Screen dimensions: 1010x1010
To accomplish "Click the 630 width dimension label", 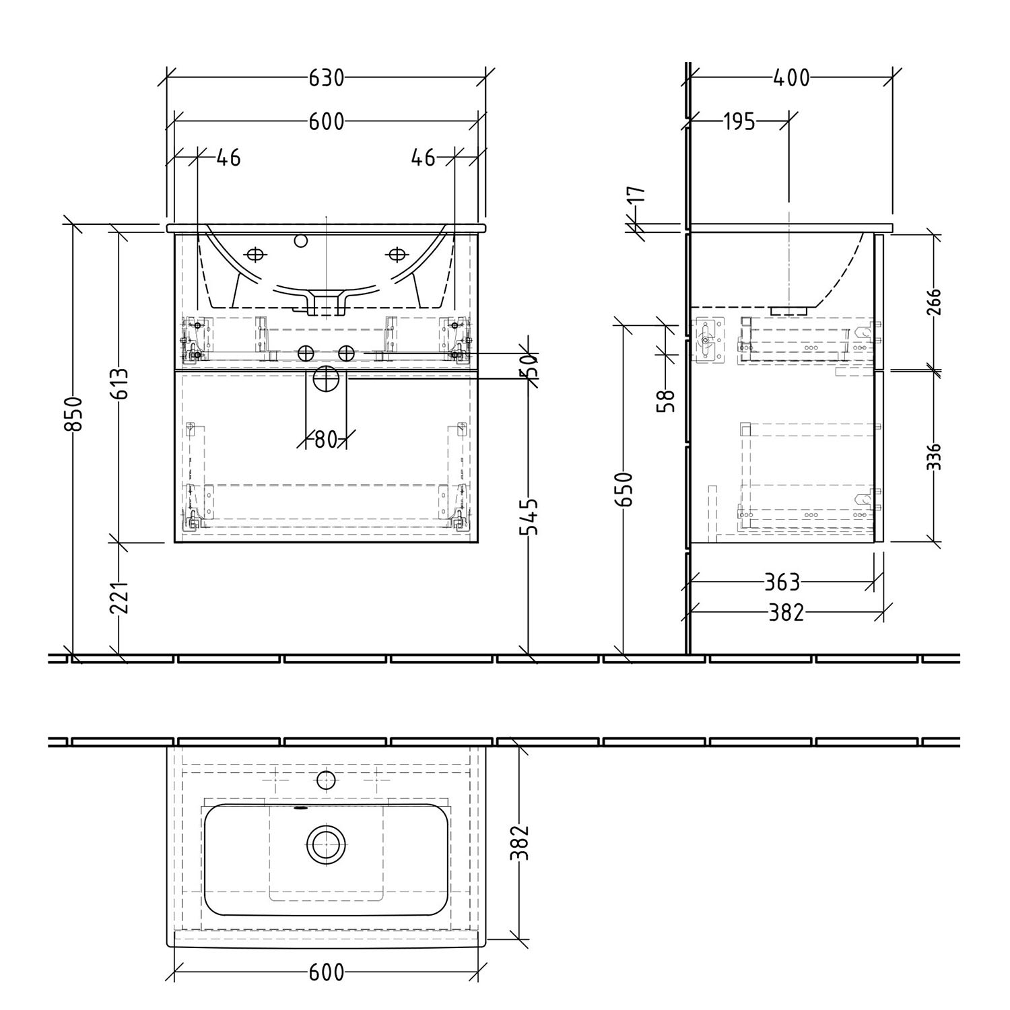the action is pyautogui.click(x=327, y=78).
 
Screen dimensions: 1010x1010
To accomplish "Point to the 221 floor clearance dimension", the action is pyautogui.click(x=119, y=597).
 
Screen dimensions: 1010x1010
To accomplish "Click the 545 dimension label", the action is pyautogui.click(x=531, y=517).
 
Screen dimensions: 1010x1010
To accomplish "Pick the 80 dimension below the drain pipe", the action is pyautogui.click(x=325, y=440).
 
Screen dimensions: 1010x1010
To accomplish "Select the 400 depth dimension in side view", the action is pyautogui.click(x=791, y=78).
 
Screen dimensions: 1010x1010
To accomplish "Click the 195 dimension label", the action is pyautogui.click(x=739, y=123).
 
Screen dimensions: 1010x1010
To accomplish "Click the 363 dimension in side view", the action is pyautogui.click(x=782, y=580).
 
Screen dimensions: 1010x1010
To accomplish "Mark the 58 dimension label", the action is pyautogui.click(x=667, y=401).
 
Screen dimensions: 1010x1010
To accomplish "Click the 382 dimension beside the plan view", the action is pyautogui.click(x=520, y=842).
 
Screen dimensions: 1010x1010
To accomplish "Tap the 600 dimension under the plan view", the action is pyautogui.click(x=327, y=972).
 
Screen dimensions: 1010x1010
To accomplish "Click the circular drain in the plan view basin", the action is pyautogui.click(x=327, y=842).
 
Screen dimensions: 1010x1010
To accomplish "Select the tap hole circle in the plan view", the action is pyautogui.click(x=327, y=780).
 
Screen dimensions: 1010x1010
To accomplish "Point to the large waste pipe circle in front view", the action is pyautogui.click(x=327, y=378).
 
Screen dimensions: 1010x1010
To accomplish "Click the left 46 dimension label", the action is pyautogui.click(x=228, y=158).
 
